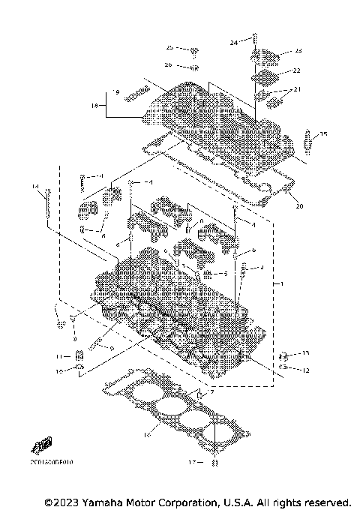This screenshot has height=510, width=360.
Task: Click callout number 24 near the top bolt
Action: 233,43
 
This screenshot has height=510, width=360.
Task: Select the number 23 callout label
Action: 298,51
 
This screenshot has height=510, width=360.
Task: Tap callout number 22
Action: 296,70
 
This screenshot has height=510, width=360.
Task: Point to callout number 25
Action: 169,47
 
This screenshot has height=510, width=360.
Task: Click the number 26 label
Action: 169,64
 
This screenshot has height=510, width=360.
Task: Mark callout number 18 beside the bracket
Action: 95,106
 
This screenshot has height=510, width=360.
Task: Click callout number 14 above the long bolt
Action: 34,185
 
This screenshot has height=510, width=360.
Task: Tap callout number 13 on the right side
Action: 305,352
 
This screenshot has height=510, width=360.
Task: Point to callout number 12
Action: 305,370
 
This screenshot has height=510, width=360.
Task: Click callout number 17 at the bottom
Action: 192,462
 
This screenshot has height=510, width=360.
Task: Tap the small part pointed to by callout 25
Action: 194,50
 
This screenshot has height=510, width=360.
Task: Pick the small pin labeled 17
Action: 214,463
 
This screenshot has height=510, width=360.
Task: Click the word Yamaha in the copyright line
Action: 103,501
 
